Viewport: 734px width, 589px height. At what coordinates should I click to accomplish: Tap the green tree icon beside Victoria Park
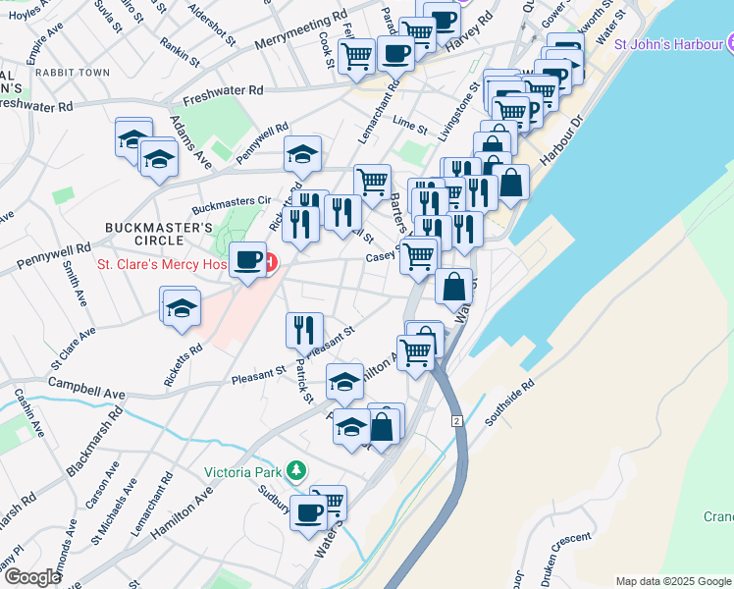[296, 472]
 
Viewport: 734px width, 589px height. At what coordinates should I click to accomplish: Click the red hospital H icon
[269, 264]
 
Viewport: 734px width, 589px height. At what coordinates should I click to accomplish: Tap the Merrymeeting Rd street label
[300, 30]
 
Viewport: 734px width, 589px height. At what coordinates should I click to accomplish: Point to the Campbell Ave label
[87, 388]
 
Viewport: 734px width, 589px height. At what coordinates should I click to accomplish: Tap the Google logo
[32, 577]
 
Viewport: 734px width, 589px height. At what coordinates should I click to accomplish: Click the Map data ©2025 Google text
[673, 581]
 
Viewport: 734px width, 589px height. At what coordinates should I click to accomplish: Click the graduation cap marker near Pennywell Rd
[302, 153]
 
